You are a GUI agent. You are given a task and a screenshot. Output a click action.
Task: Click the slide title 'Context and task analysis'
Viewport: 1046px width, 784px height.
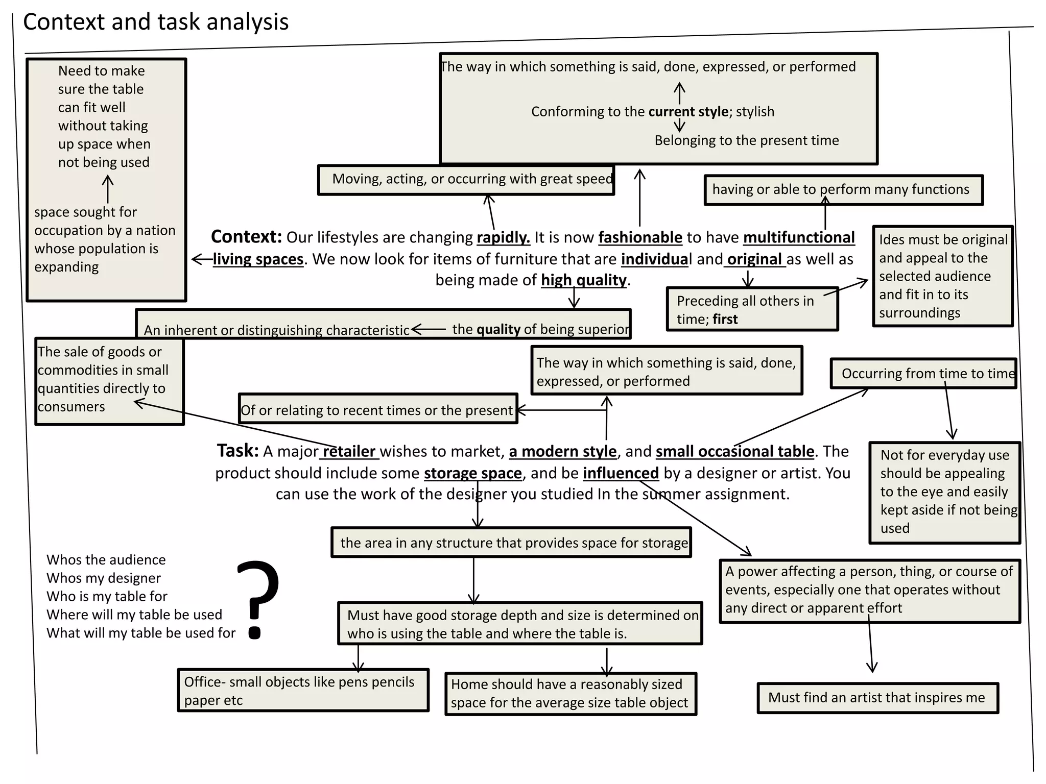(x=156, y=22)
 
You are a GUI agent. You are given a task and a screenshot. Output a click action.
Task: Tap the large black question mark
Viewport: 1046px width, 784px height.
(x=258, y=600)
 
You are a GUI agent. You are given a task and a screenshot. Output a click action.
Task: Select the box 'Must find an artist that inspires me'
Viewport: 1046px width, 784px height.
(x=877, y=698)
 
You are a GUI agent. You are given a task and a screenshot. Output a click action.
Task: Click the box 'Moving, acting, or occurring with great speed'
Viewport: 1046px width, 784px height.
(x=466, y=180)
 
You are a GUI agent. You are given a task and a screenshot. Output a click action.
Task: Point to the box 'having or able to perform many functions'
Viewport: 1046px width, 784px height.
(x=843, y=190)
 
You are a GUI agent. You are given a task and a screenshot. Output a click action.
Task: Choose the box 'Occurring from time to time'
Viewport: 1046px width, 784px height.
(x=923, y=374)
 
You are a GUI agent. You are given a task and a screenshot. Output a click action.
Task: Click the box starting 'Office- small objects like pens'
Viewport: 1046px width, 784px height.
(x=303, y=690)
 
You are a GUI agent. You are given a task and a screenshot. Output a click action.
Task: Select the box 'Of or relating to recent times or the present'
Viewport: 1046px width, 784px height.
(x=378, y=408)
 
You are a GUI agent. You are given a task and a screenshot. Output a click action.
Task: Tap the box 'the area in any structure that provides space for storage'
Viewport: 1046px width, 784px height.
(x=511, y=542)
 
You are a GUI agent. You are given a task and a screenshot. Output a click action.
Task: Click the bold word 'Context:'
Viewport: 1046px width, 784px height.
(x=246, y=237)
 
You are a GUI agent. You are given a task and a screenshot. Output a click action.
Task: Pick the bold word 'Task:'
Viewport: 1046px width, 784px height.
(x=238, y=451)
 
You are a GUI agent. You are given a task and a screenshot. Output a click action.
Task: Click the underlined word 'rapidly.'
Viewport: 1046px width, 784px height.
(x=504, y=238)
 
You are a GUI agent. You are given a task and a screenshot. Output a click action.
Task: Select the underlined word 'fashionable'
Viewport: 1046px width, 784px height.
(x=640, y=237)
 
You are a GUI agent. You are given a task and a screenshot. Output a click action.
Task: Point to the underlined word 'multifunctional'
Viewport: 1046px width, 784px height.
(x=799, y=237)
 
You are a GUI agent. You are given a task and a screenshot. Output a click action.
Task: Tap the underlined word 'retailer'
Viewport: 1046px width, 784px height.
(x=349, y=452)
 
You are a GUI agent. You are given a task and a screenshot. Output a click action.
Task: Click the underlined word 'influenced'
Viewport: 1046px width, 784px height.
(x=621, y=473)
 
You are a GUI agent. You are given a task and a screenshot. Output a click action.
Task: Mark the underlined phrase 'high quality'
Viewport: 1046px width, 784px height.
(x=584, y=280)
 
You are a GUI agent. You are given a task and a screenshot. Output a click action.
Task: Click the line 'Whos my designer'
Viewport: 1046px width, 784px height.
(x=104, y=578)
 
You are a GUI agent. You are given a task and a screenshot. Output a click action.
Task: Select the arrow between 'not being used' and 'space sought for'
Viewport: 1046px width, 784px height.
(x=108, y=189)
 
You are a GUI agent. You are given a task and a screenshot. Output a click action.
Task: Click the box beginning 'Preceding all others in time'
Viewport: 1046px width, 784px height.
(x=752, y=309)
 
